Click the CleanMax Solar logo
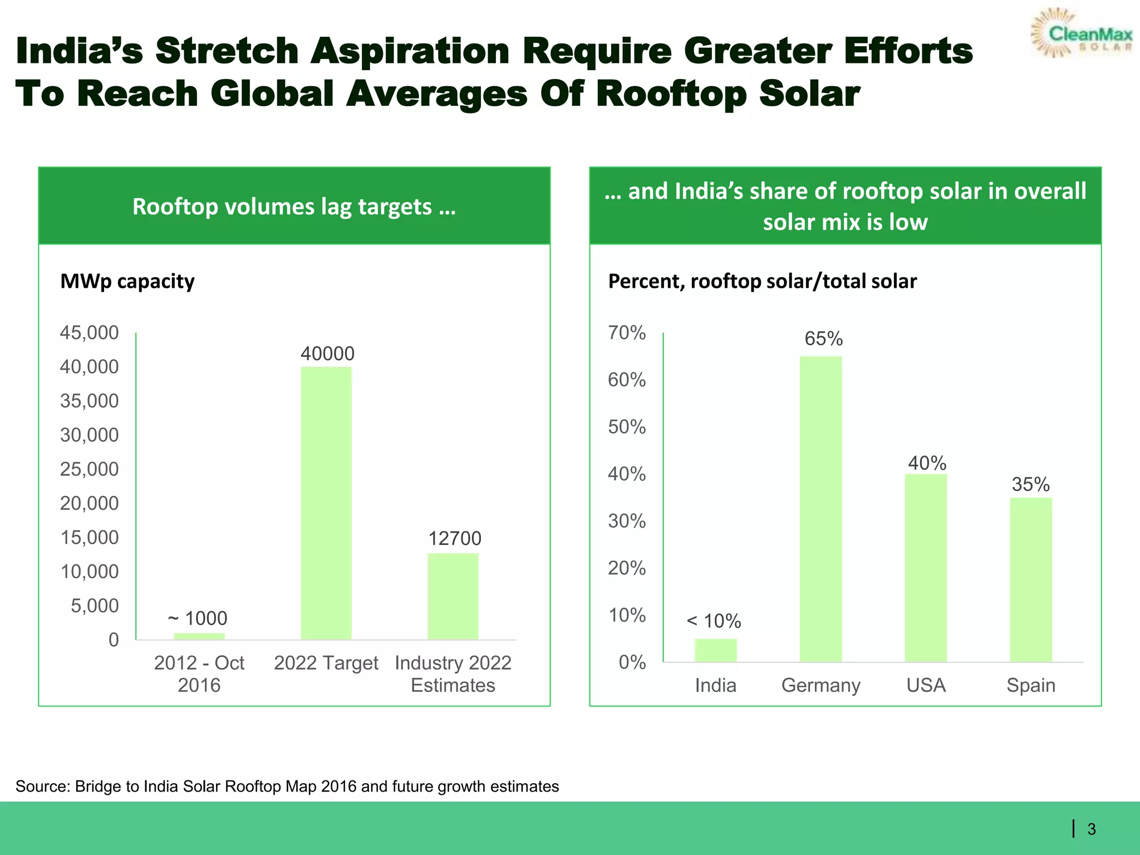[x=1082, y=33]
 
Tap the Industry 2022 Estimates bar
[x=453, y=596]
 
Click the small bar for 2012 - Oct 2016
[x=199, y=636]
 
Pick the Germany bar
[x=820, y=509]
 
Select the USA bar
[x=926, y=568]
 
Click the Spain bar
[x=1031, y=579]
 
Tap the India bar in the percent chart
[x=715, y=650]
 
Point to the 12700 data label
[x=454, y=538]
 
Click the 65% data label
[x=823, y=338]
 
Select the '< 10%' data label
[x=714, y=621]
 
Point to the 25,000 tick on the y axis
[x=89, y=469]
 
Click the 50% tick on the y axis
[x=627, y=427]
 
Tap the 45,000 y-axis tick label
[x=89, y=332]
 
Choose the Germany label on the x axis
[x=820, y=685]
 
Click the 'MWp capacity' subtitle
[x=127, y=281]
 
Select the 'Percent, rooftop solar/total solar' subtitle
[x=762, y=281]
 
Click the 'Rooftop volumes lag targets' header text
[x=294, y=207]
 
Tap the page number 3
[x=1092, y=829]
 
